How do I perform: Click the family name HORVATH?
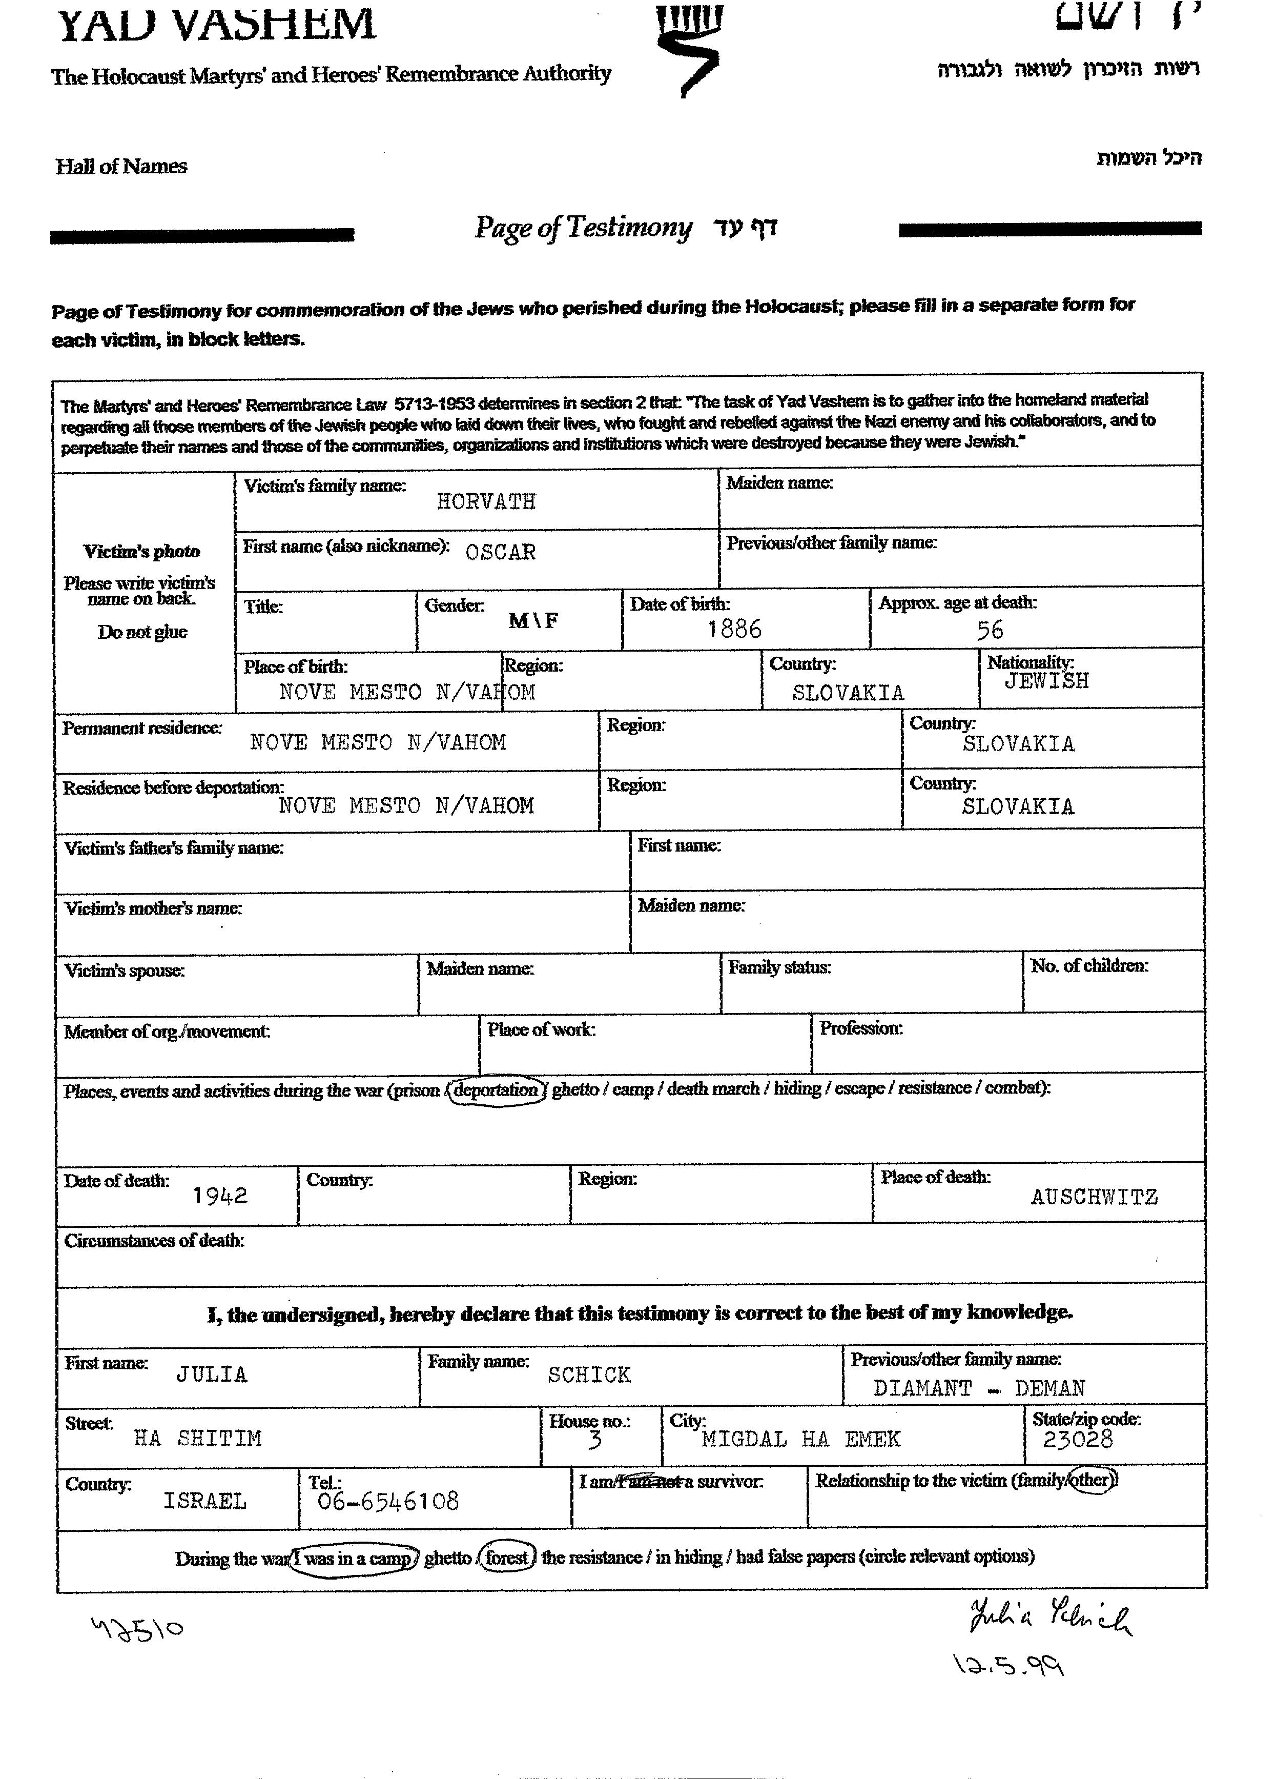[486, 501]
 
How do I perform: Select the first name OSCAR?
[500, 552]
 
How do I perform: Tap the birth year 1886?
[734, 629]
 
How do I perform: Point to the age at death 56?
[990, 630]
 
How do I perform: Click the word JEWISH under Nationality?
[1046, 681]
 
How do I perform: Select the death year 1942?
[220, 1196]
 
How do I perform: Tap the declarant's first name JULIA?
[212, 1374]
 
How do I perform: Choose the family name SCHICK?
[589, 1375]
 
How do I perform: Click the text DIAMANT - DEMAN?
[979, 1388]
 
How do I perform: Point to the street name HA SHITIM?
[198, 1438]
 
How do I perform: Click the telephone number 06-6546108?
[387, 1501]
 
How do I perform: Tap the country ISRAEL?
[204, 1501]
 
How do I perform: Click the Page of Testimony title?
[583, 228]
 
